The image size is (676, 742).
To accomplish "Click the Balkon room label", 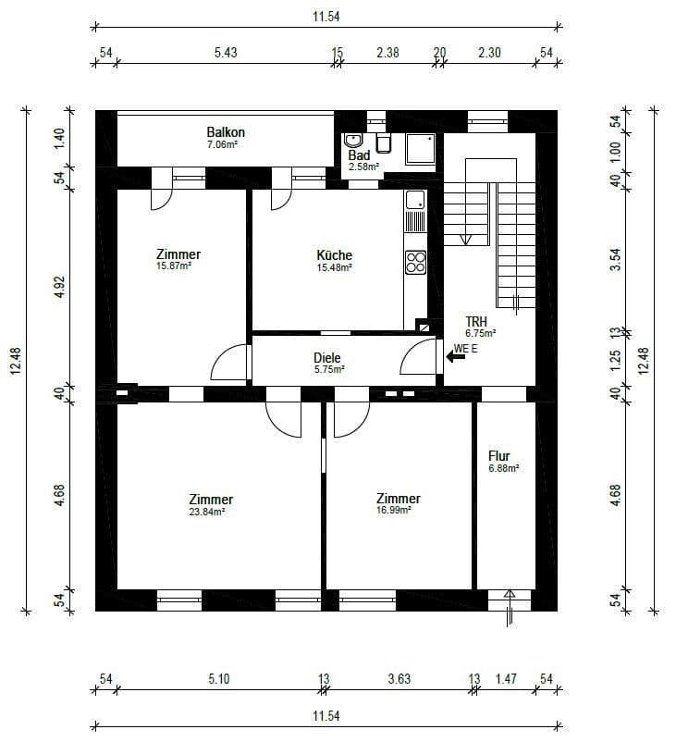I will (x=225, y=132).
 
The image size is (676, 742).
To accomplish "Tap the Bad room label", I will (x=359, y=155).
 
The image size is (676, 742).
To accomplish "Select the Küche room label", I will (x=334, y=255).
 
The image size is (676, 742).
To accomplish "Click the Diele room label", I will (x=327, y=357).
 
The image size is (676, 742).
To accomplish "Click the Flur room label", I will (x=499, y=456).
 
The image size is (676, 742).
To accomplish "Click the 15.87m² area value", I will (x=174, y=266).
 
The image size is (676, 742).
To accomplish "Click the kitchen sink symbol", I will (x=414, y=199).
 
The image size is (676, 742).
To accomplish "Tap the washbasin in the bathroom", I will (x=353, y=141).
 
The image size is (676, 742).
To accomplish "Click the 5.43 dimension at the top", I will (x=226, y=53).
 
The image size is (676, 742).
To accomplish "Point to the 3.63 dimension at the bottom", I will (x=399, y=679).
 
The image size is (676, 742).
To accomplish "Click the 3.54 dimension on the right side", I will (x=616, y=261).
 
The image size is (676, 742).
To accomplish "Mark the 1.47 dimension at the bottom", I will (x=505, y=679).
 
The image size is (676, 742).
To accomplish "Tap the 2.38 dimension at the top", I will (x=387, y=53).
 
